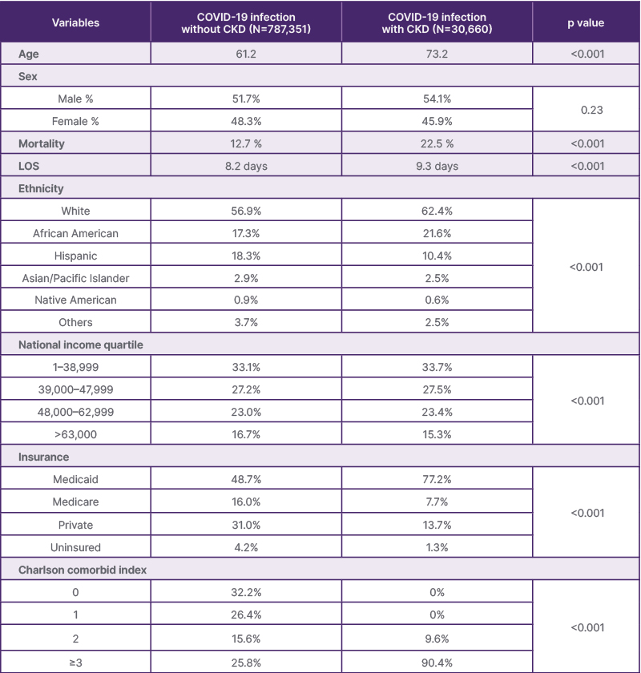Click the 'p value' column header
pyautogui.click(x=587, y=22)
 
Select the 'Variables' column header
pyautogui.click(x=76, y=22)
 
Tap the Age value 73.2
pyautogui.click(x=437, y=54)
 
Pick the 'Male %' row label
pyautogui.click(x=76, y=99)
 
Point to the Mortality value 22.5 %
pyautogui.click(x=437, y=144)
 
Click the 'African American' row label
pyautogui.click(x=76, y=233)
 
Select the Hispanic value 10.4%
pyautogui.click(x=437, y=256)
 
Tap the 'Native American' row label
pyautogui.click(x=76, y=300)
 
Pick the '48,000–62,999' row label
pyautogui.click(x=76, y=412)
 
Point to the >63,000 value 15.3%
pyautogui.click(x=437, y=433)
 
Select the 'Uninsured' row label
pyautogui.click(x=76, y=547)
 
